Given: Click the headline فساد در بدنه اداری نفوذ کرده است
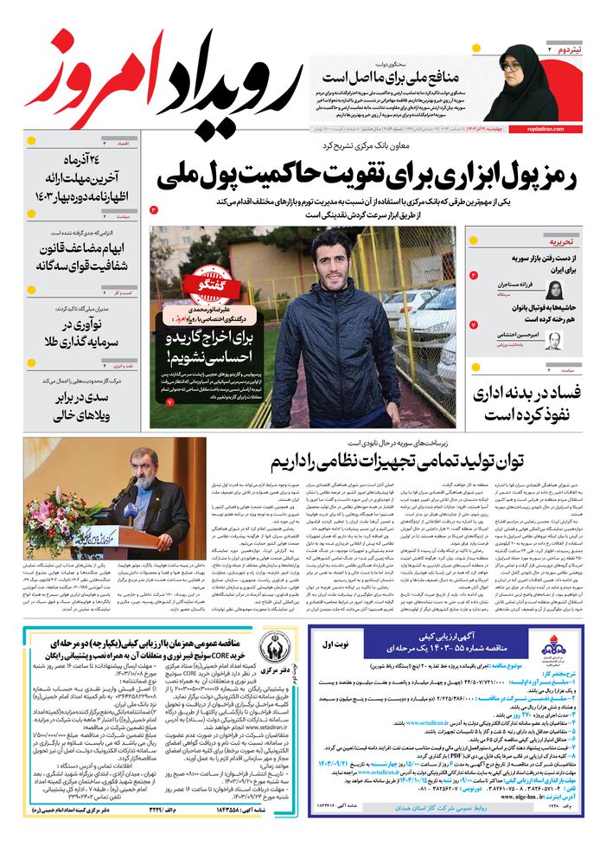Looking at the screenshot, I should tap(527, 403).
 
